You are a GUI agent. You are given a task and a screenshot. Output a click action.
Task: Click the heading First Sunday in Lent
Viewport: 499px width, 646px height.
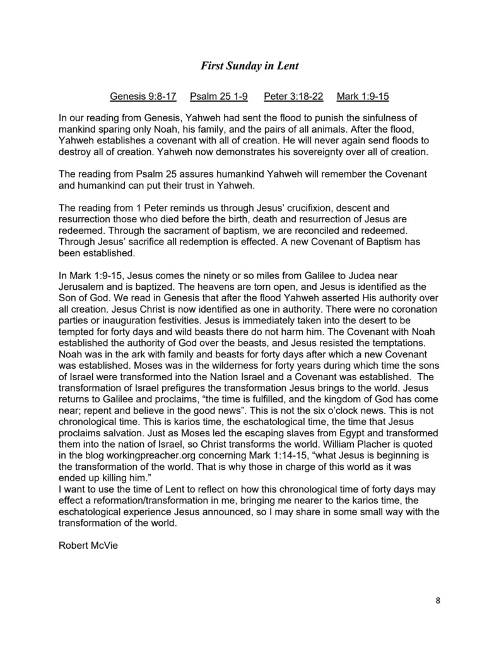coord(249,64)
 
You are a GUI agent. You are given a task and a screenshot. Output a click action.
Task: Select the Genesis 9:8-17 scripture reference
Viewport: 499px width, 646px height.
coord(143,97)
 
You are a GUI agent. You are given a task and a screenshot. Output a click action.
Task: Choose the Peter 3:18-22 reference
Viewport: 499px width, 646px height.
coord(293,97)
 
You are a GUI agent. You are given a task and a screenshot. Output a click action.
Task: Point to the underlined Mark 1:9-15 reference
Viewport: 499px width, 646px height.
coord(363,97)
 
